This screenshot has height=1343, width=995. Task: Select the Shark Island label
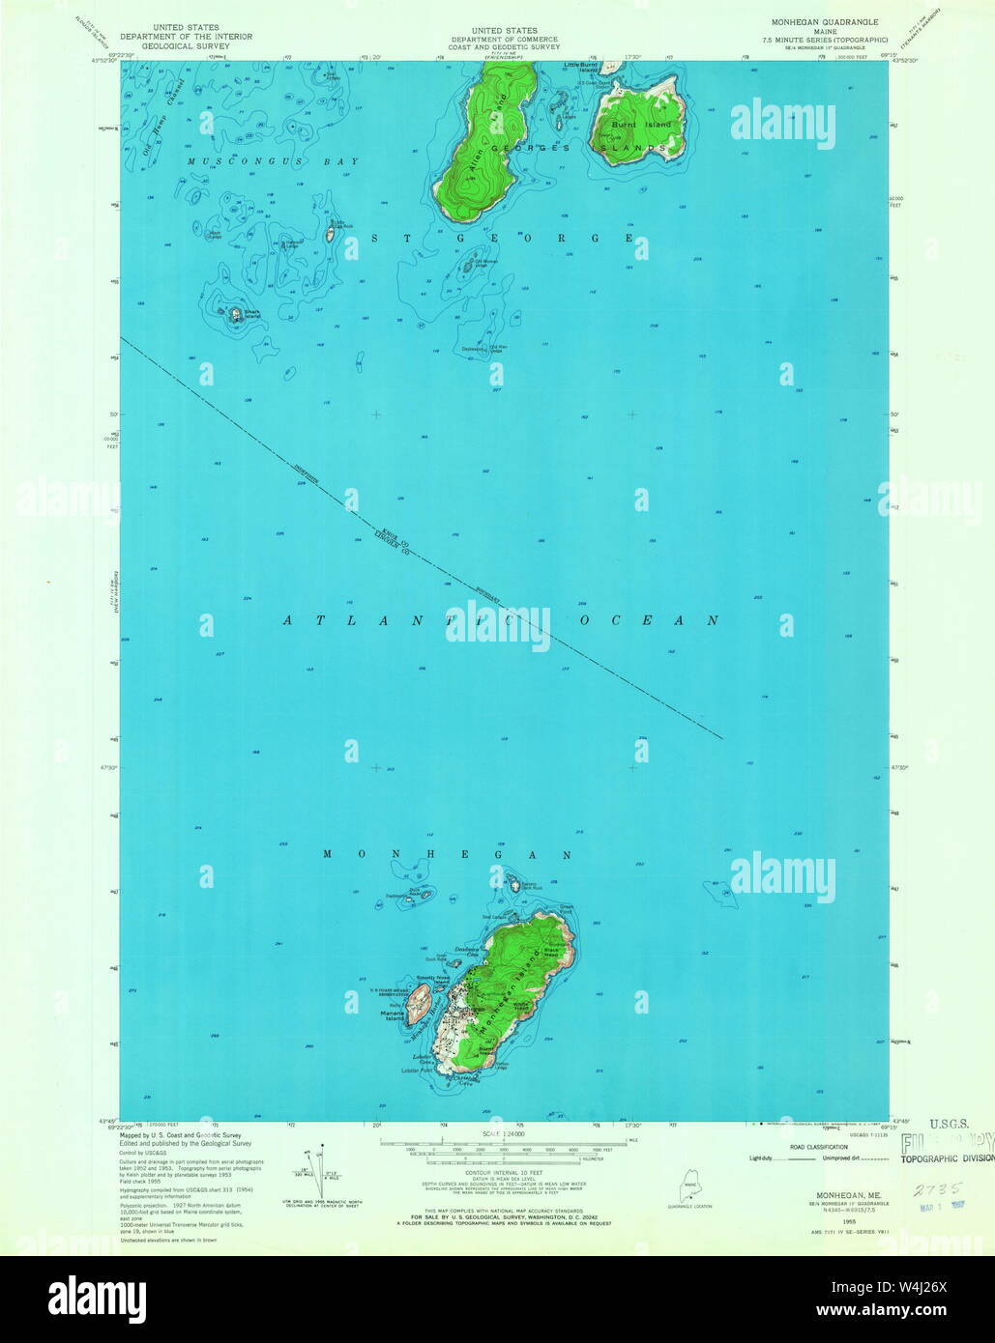[252, 313]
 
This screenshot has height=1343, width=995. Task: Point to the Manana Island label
[394, 1015]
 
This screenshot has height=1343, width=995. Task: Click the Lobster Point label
[416, 1072]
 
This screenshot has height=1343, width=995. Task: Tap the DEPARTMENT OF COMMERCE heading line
[504, 39]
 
